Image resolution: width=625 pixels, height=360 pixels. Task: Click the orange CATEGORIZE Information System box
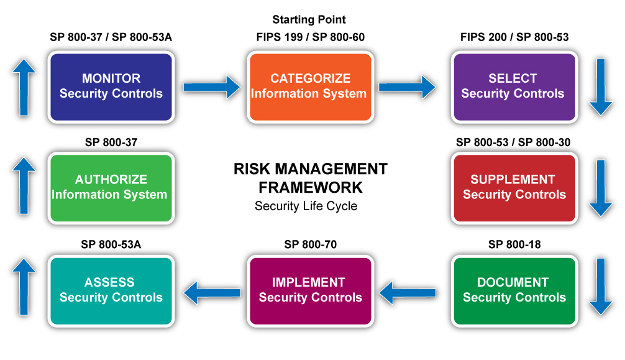pyautogui.click(x=311, y=87)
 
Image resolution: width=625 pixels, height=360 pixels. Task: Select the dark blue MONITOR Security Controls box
pyautogui.click(x=111, y=87)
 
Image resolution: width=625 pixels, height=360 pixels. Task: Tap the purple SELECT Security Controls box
pyautogui.click(x=514, y=87)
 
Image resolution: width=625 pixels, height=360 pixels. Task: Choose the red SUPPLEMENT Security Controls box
pyautogui.click(x=514, y=188)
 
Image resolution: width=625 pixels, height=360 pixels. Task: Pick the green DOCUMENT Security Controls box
pyautogui.click(x=514, y=291)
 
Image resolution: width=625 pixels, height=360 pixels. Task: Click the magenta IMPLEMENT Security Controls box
pyautogui.click(x=311, y=291)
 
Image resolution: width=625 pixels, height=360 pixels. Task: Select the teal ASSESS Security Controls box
pyautogui.click(x=111, y=291)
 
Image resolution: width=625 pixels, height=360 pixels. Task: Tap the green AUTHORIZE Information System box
pyautogui.click(x=111, y=188)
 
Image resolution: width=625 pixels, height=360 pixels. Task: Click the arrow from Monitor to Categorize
pyautogui.click(x=212, y=87)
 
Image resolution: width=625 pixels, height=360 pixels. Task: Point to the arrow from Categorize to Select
pyautogui.click(x=407, y=87)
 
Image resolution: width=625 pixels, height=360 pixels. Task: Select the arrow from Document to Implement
pyautogui.click(x=407, y=293)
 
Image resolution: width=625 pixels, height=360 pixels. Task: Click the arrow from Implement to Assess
pyautogui.click(x=212, y=293)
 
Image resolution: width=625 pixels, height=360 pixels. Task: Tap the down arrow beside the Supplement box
pyautogui.click(x=601, y=188)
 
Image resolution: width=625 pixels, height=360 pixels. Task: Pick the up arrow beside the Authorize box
pyautogui.click(x=24, y=186)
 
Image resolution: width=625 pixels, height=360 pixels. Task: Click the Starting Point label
pyautogui.click(x=309, y=19)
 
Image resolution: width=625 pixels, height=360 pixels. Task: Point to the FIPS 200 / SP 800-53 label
pyautogui.click(x=514, y=37)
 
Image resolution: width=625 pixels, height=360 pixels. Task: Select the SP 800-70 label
pyautogui.click(x=311, y=244)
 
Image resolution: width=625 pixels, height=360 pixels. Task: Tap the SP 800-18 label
pyautogui.click(x=514, y=244)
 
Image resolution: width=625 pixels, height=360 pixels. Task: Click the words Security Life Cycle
pyautogui.click(x=306, y=206)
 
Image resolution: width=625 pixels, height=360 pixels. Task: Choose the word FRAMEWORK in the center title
pyautogui.click(x=311, y=187)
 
